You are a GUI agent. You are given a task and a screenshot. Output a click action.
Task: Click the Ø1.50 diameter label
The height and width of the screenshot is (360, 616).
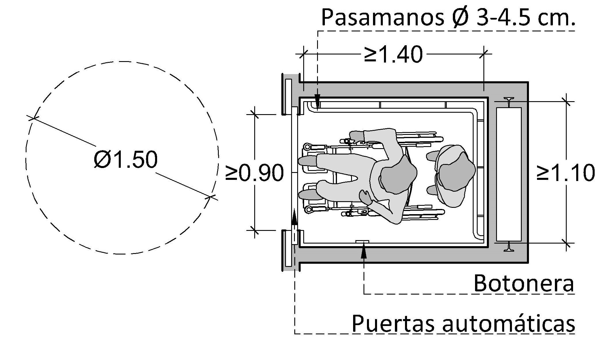coord(126,159)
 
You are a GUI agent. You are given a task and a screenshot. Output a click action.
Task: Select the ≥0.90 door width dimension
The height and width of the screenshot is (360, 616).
coord(254,173)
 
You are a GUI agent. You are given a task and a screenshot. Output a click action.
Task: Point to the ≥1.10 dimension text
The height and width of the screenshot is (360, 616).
coord(566,173)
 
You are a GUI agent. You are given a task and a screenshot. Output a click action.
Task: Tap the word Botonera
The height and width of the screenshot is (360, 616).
coord(524,283)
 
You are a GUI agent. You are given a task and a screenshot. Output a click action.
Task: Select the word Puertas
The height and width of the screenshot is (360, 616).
coord(393,323)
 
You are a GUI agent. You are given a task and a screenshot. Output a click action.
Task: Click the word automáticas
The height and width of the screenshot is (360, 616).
coord(508,323)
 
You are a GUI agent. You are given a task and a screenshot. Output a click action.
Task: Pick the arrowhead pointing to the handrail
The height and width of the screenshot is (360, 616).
coord(318,102)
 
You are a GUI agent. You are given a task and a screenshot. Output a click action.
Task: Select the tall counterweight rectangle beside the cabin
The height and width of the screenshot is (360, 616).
coord(509,174)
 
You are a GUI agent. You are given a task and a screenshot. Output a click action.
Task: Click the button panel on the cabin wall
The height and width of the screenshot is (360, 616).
coord(362,242)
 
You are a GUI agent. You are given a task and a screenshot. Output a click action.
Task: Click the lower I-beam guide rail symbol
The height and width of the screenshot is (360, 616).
coord(509,247)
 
